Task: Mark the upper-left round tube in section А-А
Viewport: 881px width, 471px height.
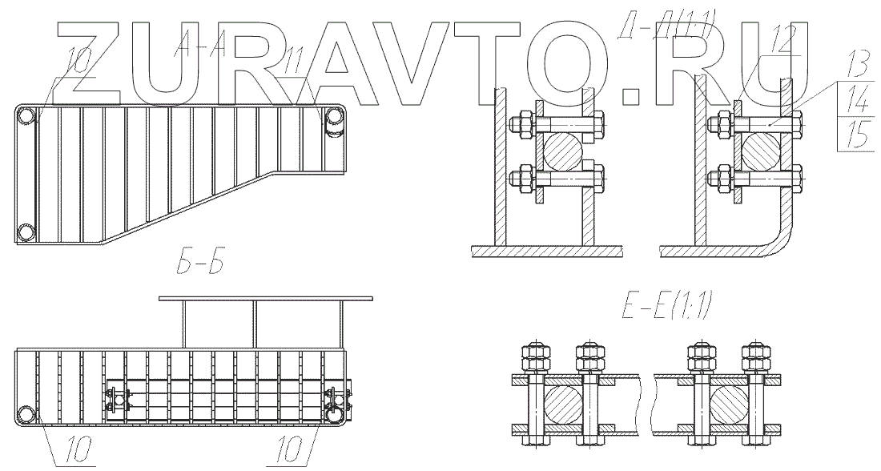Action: (x=27, y=117)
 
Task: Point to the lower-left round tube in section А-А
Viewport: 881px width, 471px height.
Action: (x=27, y=233)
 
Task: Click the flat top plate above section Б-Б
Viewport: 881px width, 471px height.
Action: (x=266, y=298)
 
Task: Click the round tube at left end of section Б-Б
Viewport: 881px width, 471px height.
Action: (x=27, y=414)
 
